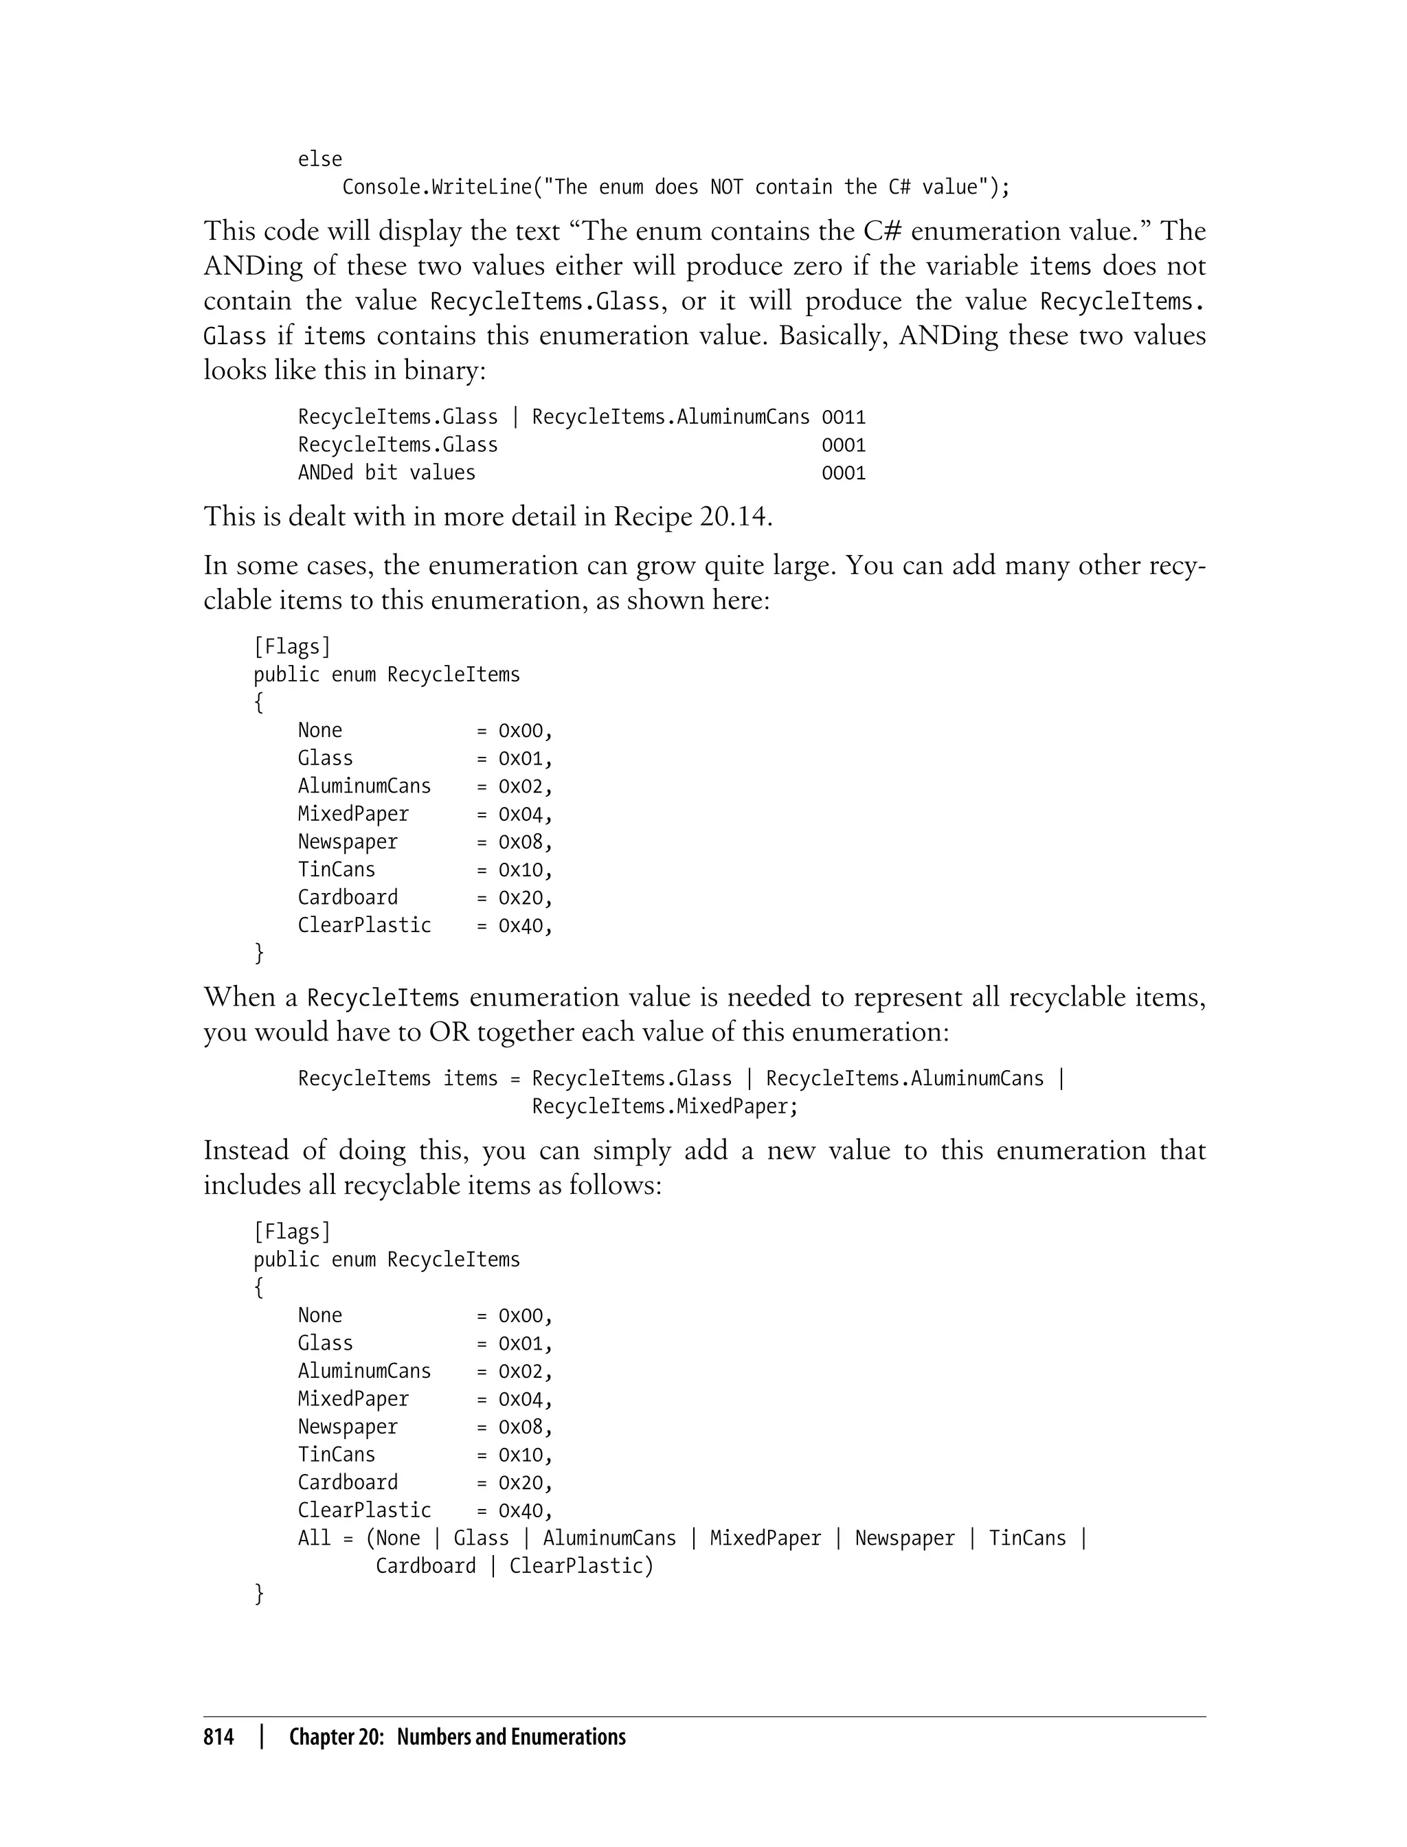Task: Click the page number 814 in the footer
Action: coord(218,1737)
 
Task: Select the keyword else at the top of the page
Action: coord(320,159)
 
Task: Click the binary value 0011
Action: coord(844,417)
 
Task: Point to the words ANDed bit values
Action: coord(386,473)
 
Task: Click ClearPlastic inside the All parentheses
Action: coord(576,1565)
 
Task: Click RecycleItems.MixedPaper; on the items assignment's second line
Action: coord(665,1106)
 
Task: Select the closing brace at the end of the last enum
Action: coord(259,1594)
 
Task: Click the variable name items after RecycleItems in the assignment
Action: coord(470,1078)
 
